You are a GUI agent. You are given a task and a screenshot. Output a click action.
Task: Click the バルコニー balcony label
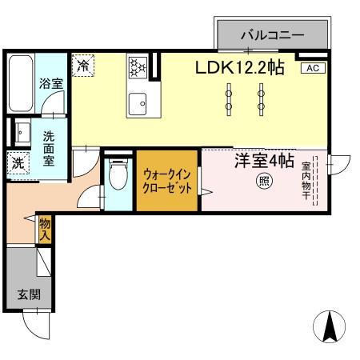272,36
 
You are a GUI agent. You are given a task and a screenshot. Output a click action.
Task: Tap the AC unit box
313,68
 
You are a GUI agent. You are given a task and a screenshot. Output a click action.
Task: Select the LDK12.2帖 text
240,69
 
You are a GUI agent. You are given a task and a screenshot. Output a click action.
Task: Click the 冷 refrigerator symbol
82,66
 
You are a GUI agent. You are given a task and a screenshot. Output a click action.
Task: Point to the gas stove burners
138,66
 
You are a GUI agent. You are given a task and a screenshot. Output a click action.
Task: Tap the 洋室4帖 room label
263,161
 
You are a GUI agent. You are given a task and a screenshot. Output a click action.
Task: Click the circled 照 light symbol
263,182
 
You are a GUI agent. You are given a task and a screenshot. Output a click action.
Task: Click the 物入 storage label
45,231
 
